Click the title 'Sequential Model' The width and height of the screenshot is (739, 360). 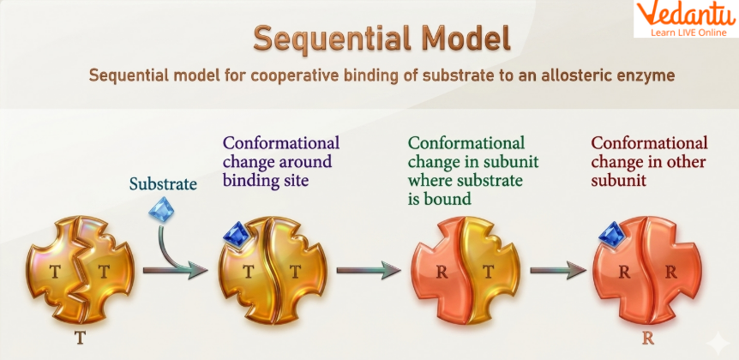382,39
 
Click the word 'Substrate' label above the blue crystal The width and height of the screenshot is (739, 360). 163,183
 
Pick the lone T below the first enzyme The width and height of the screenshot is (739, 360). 80,337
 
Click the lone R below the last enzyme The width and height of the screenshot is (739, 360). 648,337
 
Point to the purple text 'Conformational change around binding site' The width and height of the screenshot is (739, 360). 280,160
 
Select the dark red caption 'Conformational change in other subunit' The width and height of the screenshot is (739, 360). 649,160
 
